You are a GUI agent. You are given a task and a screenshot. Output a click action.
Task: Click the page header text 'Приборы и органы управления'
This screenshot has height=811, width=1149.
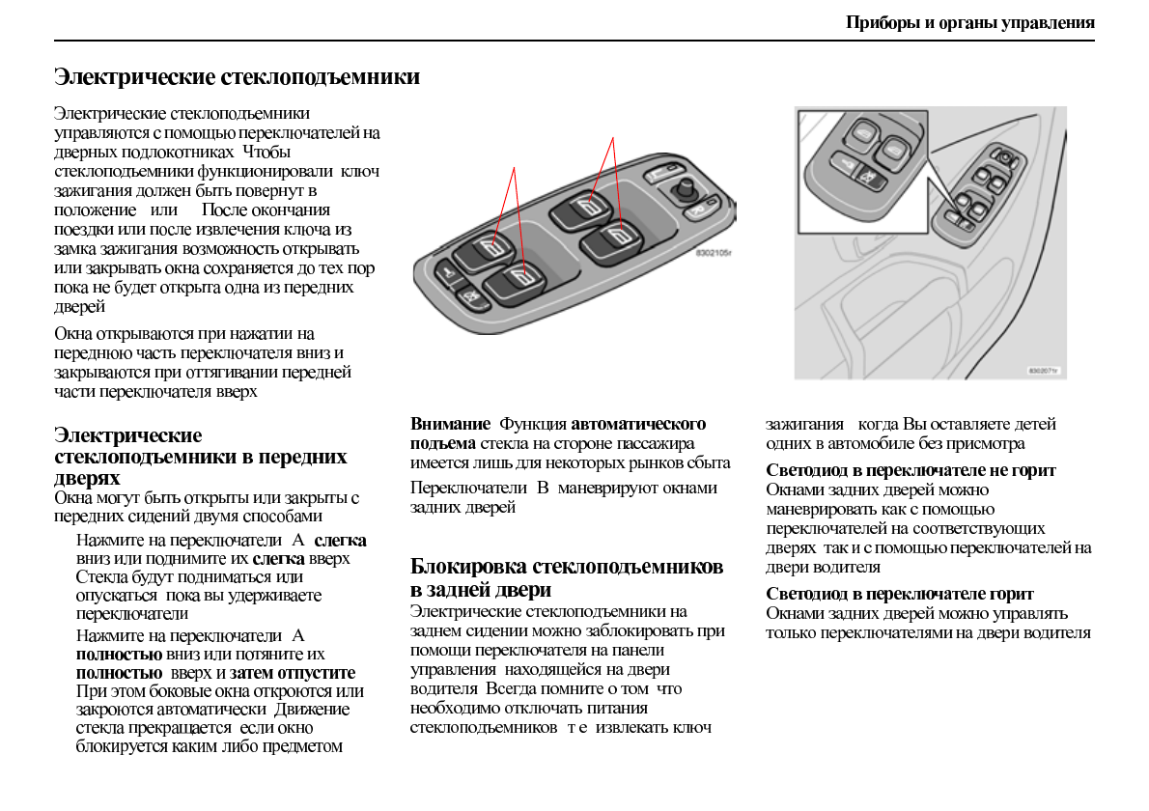(x=969, y=22)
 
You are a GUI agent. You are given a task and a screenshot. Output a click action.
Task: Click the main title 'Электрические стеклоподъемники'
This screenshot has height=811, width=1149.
(x=237, y=76)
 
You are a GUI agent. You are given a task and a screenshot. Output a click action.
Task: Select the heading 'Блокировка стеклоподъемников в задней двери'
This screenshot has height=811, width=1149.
(x=566, y=577)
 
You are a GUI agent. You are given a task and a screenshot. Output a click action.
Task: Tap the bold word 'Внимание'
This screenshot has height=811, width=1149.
(x=450, y=424)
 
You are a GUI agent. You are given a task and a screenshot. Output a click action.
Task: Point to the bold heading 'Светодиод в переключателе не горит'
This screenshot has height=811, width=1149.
(x=911, y=470)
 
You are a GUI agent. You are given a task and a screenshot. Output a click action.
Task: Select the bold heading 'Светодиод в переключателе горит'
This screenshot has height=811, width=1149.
(x=899, y=594)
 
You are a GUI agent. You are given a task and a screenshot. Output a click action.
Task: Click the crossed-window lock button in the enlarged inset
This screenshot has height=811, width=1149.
(x=865, y=178)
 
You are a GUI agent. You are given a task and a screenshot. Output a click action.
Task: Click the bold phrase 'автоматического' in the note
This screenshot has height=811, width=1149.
(x=638, y=424)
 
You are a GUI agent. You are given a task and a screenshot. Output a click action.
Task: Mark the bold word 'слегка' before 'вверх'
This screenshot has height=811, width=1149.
(x=278, y=559)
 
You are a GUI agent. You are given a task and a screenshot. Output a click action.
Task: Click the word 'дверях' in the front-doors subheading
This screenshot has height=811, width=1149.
(x=87, y=478)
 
